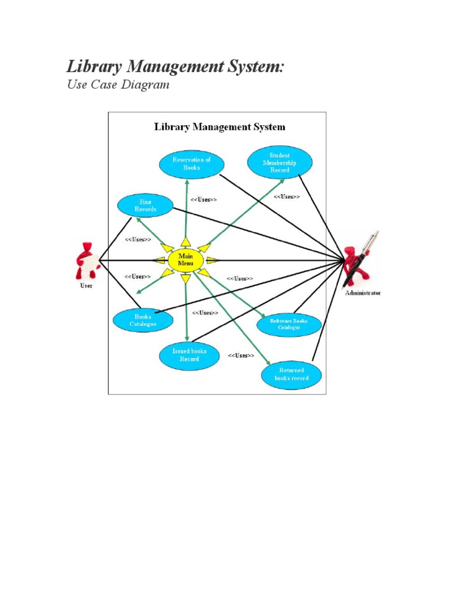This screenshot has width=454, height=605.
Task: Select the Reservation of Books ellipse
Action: (191, 164)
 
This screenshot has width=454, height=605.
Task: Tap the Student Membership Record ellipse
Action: (280, 162)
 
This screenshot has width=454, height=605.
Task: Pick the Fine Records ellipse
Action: (145, 206)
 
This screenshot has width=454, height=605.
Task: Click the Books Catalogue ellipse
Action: (143, 320)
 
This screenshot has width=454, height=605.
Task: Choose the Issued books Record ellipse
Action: (189, 355)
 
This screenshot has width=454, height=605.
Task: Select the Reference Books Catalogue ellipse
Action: (289, 324)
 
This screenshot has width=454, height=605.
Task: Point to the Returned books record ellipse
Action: (291, 375)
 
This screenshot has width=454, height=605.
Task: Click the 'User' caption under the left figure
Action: (86, 286)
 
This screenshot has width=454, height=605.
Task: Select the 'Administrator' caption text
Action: (363, 293)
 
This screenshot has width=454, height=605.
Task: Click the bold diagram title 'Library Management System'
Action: (219, 127)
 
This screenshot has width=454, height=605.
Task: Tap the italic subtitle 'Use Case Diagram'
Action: (118, 84)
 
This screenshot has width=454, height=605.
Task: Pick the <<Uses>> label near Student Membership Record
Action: (286, 197)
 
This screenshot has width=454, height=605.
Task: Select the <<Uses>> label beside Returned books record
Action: (241, 356)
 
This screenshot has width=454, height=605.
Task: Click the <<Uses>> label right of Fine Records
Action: (203, 200)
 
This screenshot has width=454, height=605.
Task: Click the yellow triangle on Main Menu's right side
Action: (212, 260)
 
